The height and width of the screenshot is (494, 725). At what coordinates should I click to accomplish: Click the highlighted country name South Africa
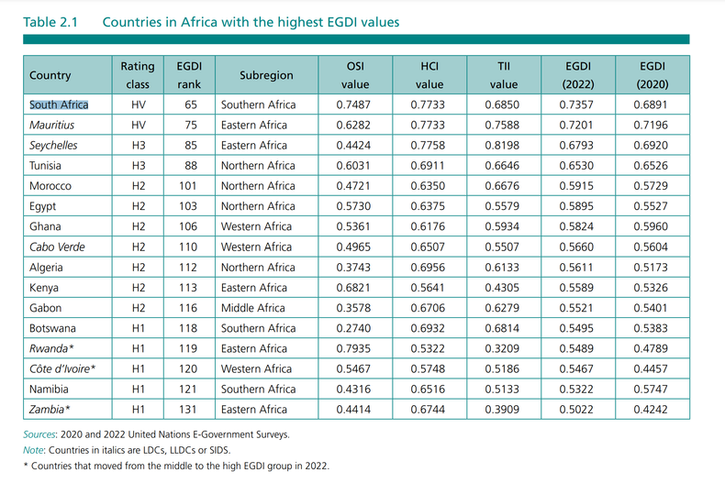(x=59, y=104)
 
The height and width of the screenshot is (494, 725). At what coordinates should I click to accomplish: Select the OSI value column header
(x=353, y=75)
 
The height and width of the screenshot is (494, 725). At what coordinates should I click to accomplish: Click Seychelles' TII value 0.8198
(x=503, y=145)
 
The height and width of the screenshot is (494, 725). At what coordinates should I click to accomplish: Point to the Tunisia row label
(x=47, y=165)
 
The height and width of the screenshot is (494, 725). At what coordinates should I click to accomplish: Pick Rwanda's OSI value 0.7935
(x=353, y=348)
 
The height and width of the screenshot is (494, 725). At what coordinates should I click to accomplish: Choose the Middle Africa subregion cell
(x=252, y=308)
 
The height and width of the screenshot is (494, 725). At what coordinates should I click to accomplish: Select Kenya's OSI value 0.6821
(x=353, y=288)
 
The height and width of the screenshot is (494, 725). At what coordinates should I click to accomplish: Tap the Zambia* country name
(x=50, y=409)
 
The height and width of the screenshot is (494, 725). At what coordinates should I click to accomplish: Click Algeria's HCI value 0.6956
(x=429, y=267)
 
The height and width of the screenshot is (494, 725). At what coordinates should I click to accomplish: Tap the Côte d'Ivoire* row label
(x=63, y=368)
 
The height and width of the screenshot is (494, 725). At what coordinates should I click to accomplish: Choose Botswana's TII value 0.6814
(x=503, y=328)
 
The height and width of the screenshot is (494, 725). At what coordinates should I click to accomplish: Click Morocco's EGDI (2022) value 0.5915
(x=576, y=186)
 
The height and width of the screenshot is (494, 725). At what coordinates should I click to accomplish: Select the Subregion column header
(x=266, y=75)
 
